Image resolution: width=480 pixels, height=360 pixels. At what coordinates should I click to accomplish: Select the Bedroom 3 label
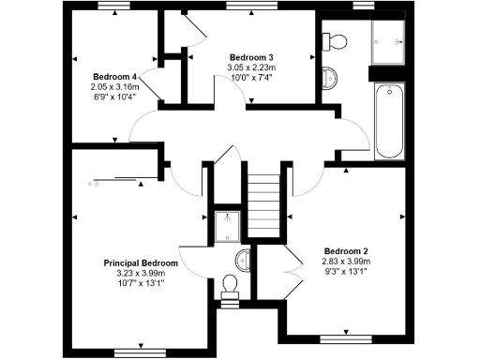point(251,58)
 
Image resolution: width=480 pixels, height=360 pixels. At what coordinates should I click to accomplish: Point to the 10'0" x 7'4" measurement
point(251,79)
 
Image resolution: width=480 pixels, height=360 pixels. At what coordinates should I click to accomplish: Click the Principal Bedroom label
point(141,263)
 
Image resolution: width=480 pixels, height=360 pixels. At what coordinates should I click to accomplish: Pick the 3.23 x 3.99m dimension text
point(141,273)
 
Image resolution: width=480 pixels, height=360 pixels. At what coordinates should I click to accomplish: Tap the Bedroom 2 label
point(346,251)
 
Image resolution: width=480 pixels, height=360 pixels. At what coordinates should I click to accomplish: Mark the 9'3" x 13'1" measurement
point(346,272)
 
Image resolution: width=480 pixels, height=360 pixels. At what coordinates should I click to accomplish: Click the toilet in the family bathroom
point(334,40)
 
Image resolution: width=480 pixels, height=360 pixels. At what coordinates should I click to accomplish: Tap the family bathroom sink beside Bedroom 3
point(329,75)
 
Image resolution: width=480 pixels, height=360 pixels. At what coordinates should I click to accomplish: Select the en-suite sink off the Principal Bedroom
point(243,259)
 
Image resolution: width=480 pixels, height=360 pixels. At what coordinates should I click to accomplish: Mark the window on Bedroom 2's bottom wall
point(346,334)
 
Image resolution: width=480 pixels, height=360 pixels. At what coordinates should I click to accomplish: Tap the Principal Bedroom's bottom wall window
point(133,352)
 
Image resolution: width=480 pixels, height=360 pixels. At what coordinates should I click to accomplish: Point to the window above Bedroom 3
point(253,7)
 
